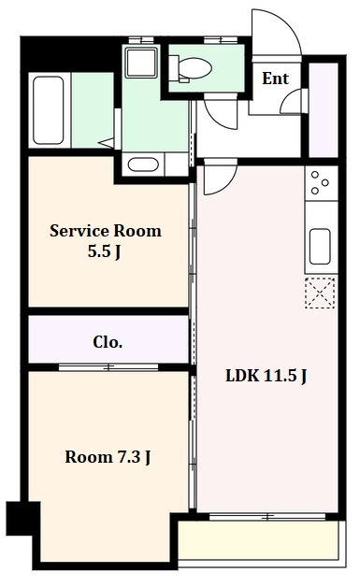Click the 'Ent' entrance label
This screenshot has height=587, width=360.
tap(275, 79)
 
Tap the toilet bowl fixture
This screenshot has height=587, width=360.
tap(190, 68)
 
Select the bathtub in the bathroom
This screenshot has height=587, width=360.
tap(48, 110)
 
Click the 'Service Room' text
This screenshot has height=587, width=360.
tap(106, 231)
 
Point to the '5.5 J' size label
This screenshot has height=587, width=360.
tap(104, 251)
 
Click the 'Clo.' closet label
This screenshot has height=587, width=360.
tap(108, 342)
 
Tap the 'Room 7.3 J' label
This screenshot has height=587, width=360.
tap(108, 457)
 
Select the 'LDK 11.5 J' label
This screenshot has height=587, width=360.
tap(266, 376)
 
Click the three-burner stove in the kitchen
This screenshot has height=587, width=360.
tap(321, 183)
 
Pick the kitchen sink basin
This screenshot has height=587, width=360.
tap(320, 246)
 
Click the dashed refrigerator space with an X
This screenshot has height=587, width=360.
tap(320, 293)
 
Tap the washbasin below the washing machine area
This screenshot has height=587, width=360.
tap(143, 165)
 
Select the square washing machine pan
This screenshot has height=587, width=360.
tap(141, 63)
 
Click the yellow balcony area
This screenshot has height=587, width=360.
tap(259, 540)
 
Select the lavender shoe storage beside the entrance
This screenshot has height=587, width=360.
tap(323, 110)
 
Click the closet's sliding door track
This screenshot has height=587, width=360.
tap(108, 367)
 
